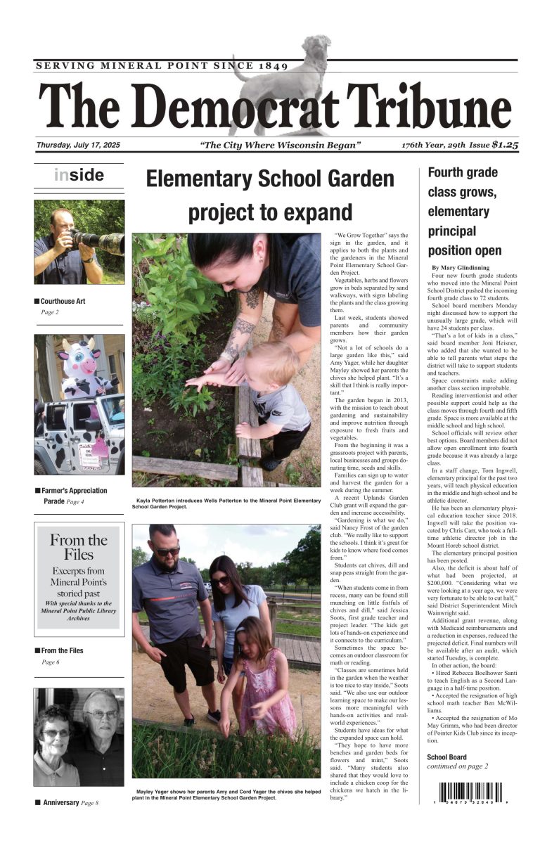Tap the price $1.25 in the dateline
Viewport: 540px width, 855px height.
tap(505, 145)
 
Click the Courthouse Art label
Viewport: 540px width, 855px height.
tap(63, 302)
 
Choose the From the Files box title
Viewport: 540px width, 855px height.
tap(78, 548)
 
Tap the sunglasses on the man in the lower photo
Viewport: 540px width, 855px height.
tap(167, 552)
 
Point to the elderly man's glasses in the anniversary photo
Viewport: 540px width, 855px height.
tap(102, 714)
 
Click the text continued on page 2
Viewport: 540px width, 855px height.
tap(457, 766)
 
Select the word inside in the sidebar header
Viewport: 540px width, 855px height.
tap(79, 175)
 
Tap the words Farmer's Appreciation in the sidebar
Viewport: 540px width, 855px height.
tap(74, 490)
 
